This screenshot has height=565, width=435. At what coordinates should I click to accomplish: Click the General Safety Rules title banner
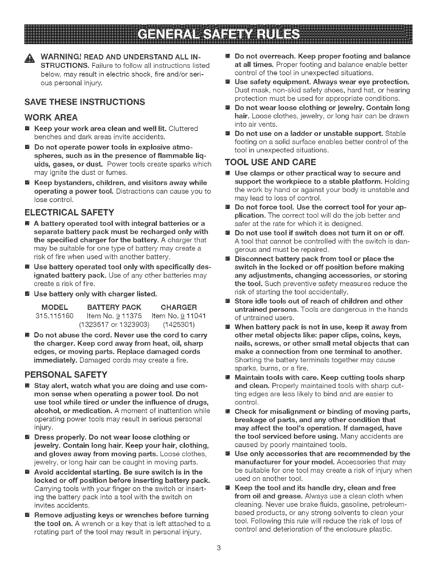pos(217,34)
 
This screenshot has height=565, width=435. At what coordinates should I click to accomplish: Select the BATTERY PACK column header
pos(114,307)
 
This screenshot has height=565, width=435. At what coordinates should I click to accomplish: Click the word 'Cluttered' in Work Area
pos(183,128)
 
